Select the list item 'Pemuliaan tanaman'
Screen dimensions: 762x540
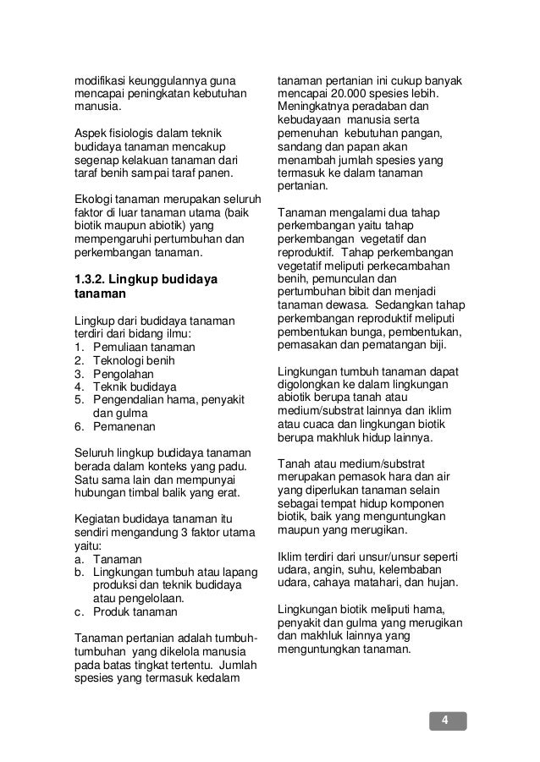point(140,347)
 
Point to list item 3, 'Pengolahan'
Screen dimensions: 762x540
point(119,374)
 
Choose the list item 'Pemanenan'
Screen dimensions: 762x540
point(121,428)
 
